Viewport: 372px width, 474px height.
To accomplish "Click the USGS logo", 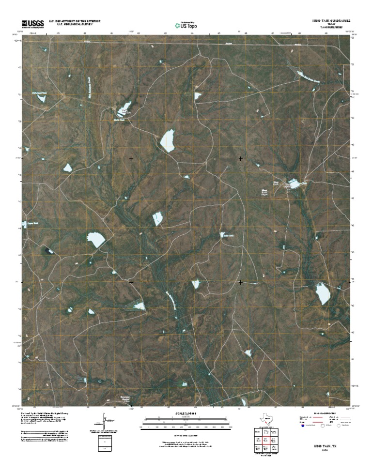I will pos(32,22).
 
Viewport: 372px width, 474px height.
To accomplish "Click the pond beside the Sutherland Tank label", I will pos(41,98).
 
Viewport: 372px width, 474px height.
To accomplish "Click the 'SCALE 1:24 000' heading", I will pos(186,414).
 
